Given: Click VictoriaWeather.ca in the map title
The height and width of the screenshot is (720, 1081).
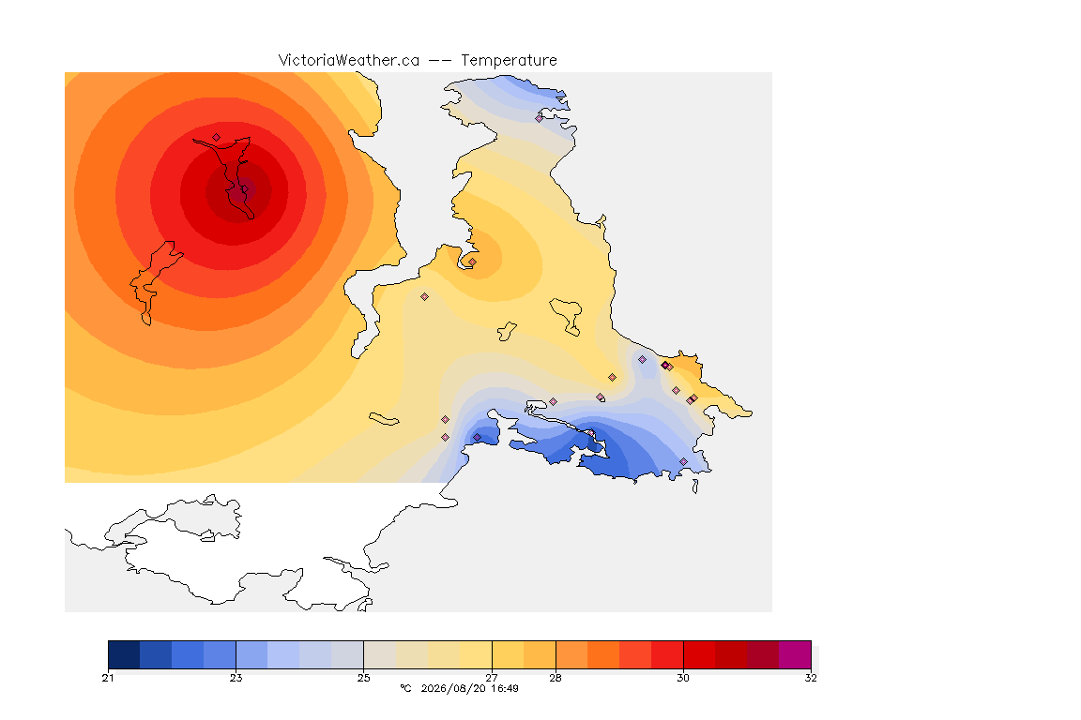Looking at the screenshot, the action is click(x=349, y=60).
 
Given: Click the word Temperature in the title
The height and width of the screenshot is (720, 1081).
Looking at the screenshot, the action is click(x=509, y=60).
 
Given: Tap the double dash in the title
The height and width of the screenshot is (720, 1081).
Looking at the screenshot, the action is click(x=440, y=61).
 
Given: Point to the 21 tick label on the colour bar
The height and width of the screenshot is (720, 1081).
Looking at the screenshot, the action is click(x=108, y=678).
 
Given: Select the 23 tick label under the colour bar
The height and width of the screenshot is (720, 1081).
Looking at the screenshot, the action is click(x=236, y=678).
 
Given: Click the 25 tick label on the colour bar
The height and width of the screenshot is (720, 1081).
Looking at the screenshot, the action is click(x=363, y=678).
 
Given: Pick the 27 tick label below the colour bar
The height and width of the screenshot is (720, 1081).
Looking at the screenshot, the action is click(x=492, y=678).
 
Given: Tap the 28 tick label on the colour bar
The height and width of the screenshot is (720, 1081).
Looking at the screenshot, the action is click(x=555, y=678).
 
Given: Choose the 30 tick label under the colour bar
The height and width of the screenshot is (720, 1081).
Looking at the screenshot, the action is click(x=682, y=678).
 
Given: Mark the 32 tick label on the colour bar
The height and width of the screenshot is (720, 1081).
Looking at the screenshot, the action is click(x=811, y=678).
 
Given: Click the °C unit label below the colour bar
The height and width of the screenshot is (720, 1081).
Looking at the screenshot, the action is click(x=406, y=688).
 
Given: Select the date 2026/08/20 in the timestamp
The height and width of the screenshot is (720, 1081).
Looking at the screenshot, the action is click(x=453, y=688).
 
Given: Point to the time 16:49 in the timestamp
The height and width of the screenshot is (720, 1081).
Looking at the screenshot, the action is click(x=505, y=688).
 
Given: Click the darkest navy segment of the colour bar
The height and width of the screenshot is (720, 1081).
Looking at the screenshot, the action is click(x=124, y=654).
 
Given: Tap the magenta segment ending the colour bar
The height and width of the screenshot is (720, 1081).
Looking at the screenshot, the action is click(x=795, y=654).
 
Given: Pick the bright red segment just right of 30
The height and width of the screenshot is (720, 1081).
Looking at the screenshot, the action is click(x=699, y=654).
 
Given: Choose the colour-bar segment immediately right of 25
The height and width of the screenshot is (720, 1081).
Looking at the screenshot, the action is click(x=380, y=654).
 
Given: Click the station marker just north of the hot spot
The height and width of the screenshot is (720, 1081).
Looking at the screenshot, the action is click(x=217, y=138).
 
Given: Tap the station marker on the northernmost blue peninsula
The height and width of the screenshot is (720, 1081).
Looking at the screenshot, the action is click(x=540, y=118).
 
